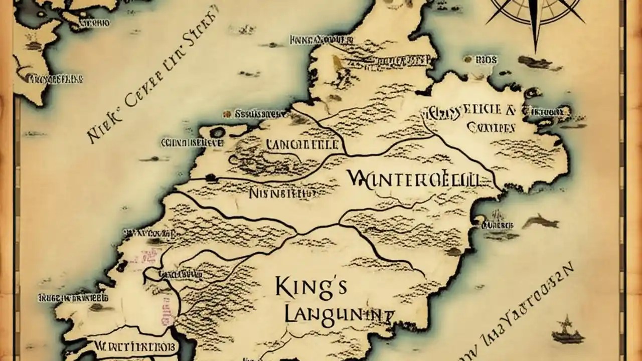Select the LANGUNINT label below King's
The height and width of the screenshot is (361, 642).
coord(337,314)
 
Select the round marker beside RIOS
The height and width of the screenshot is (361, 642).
coord(468,59)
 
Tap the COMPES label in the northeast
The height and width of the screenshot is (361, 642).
coord(491,127)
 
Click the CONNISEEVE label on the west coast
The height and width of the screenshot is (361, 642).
coord(192,142)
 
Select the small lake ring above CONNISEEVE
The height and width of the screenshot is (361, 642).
coord(218,132)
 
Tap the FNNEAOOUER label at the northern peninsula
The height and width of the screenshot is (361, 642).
coord(319,40)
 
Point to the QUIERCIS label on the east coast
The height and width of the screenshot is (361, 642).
coord(498,226)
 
